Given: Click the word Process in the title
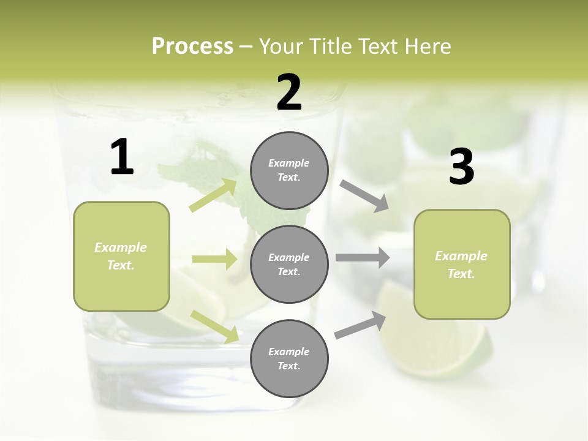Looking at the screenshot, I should [192, 47].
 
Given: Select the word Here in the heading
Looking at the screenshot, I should [426, 47].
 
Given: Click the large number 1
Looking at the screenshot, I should [122, 157].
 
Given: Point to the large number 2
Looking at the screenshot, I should [289, 92].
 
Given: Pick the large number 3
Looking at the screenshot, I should [461, 167].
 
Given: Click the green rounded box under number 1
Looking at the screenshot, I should [121, 256].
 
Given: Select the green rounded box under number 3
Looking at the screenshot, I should [462, 265].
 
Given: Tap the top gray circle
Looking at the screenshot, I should [289, 170].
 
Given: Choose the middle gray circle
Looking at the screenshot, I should [289, 264].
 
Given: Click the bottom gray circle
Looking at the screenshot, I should [289, 358].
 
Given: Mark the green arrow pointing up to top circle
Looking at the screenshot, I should [214, 195].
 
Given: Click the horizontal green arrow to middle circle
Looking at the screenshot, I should [214, 259].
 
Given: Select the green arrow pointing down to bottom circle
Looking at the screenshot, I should [214, 326].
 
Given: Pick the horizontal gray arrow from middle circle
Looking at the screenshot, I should [363, 257].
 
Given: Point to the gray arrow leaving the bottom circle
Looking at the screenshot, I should [360, 325].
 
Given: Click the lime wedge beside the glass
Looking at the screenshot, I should [441, 343].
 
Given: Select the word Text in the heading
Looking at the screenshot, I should [379, 47].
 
